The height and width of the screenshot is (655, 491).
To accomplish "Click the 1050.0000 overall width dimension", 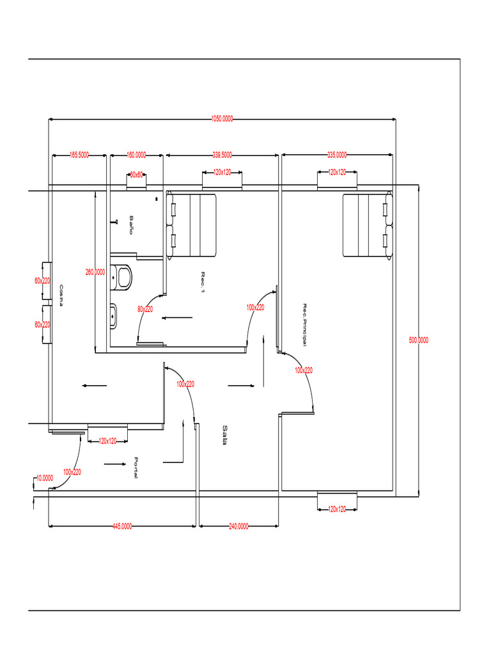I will [x=222, y=118].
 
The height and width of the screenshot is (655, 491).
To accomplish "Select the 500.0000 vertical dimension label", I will [x=419, y=340].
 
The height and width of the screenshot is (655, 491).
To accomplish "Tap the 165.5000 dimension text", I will [x=79, y=155].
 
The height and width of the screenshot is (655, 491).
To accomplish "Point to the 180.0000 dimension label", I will [x=136, y=155].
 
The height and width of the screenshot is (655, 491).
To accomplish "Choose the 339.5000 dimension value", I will [x=222, y=155].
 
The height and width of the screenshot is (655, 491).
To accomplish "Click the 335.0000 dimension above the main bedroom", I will [x=337, y=155].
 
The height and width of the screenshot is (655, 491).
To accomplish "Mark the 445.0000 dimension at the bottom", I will [x=122, y=526].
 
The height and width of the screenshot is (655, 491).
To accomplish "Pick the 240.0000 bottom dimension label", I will [x=239, y=526].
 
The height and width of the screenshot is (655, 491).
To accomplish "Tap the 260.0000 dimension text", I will [x=95, y=272].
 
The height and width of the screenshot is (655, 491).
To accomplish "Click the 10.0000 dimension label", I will [x=45, y=478].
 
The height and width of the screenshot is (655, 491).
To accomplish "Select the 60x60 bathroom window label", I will [x=137, y=174].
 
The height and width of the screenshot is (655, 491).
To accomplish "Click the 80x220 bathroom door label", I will [x=145, y=309].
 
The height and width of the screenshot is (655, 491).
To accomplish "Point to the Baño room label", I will [x=131, y=225].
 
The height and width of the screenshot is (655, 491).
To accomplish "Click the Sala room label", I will [x=225, y=434].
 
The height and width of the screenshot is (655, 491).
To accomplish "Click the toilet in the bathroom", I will [x=121, y=276].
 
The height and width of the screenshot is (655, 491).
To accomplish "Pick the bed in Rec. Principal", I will [x=366, y=225].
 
